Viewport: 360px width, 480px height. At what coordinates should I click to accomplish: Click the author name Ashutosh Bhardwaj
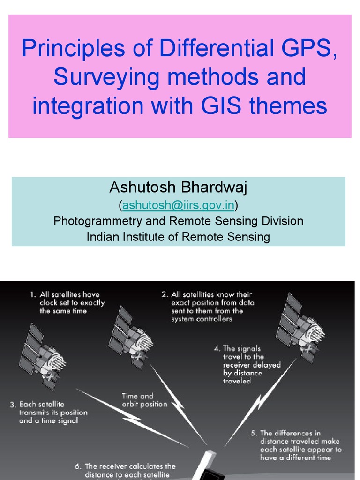click(x=178, y=187)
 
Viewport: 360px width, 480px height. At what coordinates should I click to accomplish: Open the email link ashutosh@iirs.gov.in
click(x=179, y=205)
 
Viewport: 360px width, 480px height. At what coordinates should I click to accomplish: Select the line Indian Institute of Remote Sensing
click(x=178, y=237)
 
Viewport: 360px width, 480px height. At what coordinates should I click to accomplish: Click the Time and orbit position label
click(x=144, y=400)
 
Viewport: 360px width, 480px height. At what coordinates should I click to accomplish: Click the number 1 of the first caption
click(x=33, y=295)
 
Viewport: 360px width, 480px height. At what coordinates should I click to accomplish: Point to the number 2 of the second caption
click(x=165, y=295)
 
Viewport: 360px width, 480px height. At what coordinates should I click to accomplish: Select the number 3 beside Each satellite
click(x=13, y=405)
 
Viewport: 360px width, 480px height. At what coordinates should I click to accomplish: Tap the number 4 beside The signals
click(x=217, y=349)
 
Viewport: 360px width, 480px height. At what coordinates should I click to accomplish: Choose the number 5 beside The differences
click(x=254, y=433)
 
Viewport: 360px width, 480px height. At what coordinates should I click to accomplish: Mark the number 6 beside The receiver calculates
click(x=78, y=466)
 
